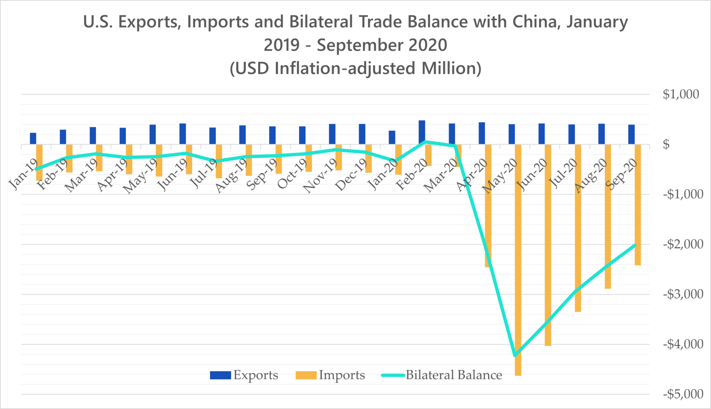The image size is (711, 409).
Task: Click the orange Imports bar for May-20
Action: coord(518,259)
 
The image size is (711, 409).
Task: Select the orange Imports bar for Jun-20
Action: coord(548,245)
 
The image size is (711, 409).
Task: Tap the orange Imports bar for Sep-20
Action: coord(638,205)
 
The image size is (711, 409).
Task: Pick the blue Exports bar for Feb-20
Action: coord(422,132)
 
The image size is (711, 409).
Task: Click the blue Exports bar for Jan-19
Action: coord(33,139)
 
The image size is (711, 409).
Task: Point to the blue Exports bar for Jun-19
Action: coord(183,134)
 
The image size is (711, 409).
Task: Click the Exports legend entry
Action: coord(244,375)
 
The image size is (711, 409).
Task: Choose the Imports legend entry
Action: coord(330,375)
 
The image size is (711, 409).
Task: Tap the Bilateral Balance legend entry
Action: coord(442,375)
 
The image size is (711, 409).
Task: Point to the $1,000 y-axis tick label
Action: coord(681,95)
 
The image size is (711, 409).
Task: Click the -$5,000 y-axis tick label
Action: coord(683,394)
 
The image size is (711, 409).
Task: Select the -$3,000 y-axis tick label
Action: coord(683,294)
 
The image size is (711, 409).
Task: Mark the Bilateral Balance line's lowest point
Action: coord(515,355)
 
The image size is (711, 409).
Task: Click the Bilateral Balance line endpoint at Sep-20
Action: coord(635,245)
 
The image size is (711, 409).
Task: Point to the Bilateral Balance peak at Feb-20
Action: coord(425,142)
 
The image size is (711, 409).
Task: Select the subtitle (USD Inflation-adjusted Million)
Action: coord(355,68)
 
